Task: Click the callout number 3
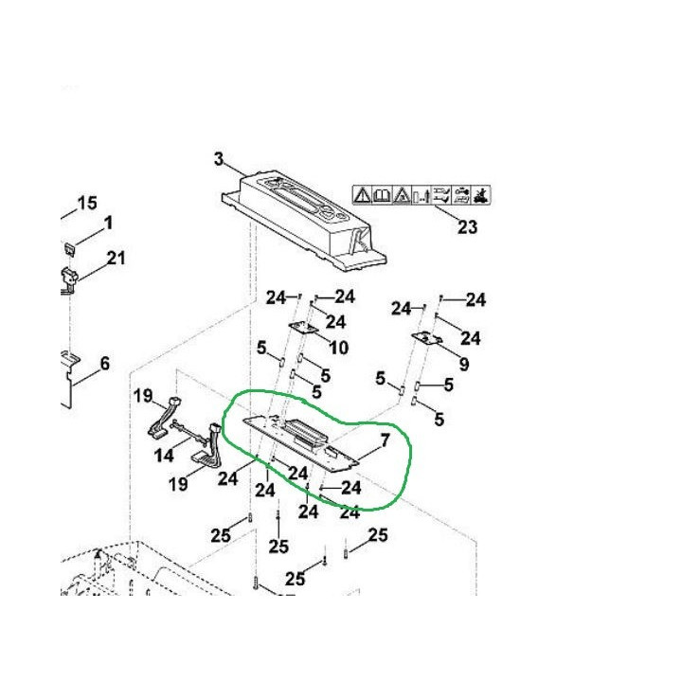219,159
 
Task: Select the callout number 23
468,226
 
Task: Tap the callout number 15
87,203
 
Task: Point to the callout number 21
116,258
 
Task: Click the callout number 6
105,363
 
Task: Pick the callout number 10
339,348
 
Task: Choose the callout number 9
464,364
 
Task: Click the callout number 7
386,440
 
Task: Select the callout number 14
164,456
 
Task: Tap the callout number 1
108,224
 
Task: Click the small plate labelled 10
303,328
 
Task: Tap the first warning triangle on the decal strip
362,195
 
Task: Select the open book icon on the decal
383,195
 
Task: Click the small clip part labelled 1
70,249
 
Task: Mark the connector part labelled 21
69,278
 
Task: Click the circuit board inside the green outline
301,443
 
